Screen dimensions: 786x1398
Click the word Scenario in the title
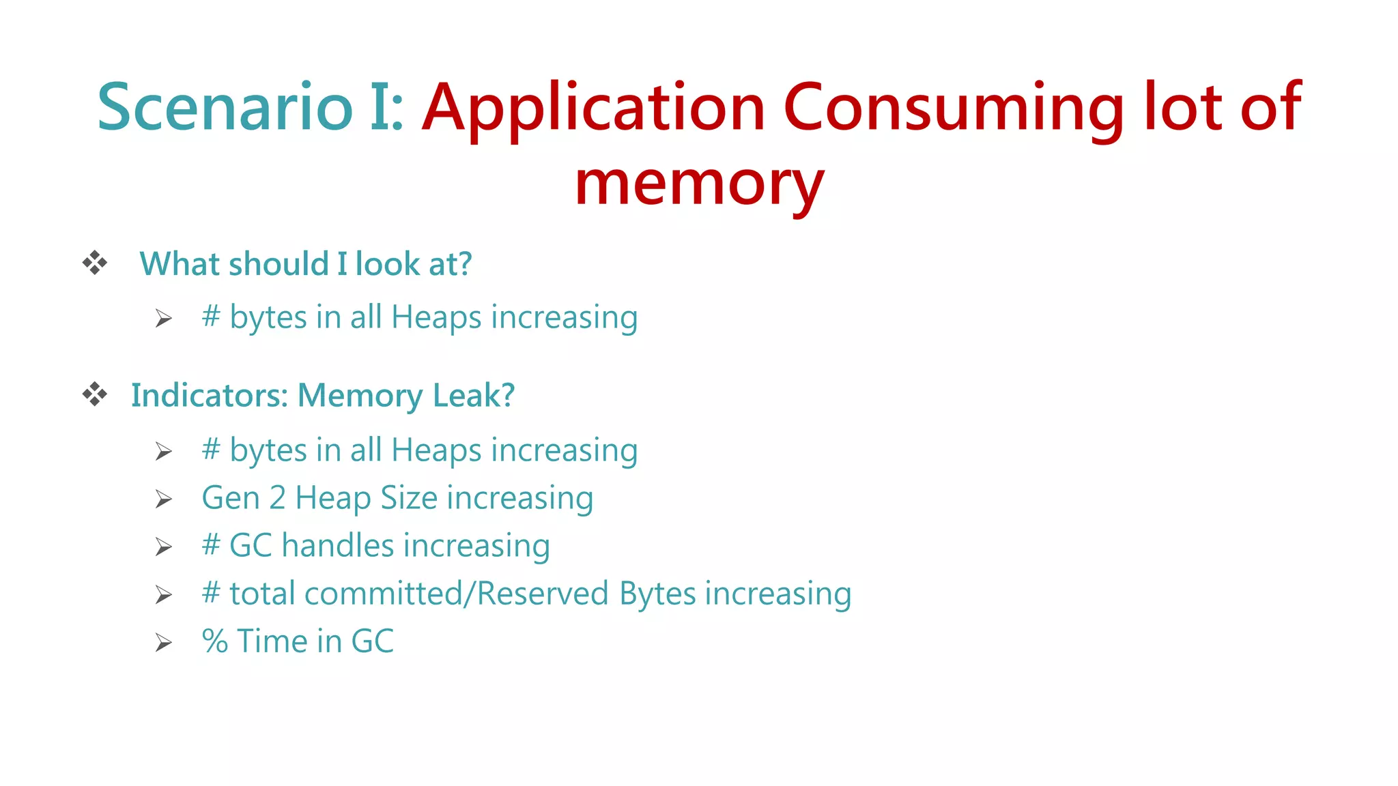(225, 108)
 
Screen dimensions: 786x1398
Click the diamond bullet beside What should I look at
(95, 263)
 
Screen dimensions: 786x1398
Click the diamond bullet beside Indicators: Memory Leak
(95, 394)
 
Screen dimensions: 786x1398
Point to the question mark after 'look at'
(465, 263)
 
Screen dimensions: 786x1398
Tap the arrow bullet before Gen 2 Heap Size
(163, 499)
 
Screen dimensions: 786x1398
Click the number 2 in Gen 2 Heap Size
(277, 498)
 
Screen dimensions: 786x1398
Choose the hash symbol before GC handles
(211, 546)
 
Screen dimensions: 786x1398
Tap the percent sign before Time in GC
(215, 641)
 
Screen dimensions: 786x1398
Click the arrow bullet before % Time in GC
(163, 643)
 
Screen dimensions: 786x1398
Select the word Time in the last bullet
(272, 641)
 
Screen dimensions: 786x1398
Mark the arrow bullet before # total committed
(163, 595)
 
